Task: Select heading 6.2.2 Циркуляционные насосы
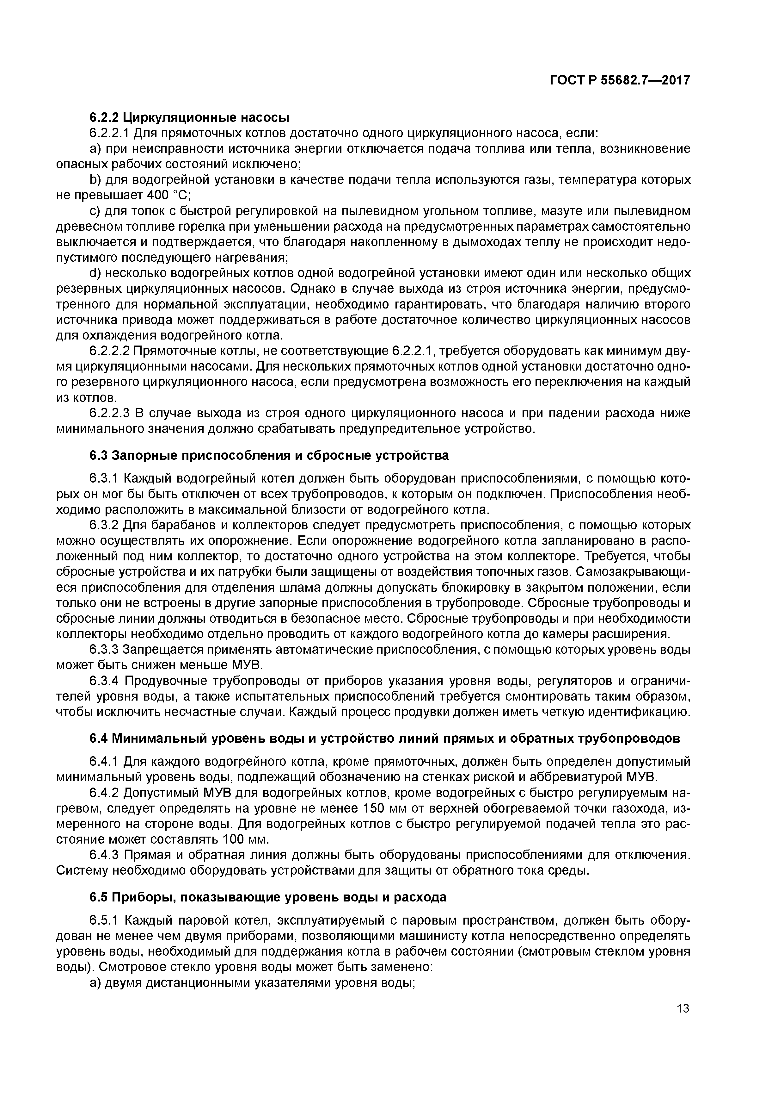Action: pos(189,117)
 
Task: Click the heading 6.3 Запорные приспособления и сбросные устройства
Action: pos(269,455)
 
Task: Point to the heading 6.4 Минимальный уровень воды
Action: pos(384,738)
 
